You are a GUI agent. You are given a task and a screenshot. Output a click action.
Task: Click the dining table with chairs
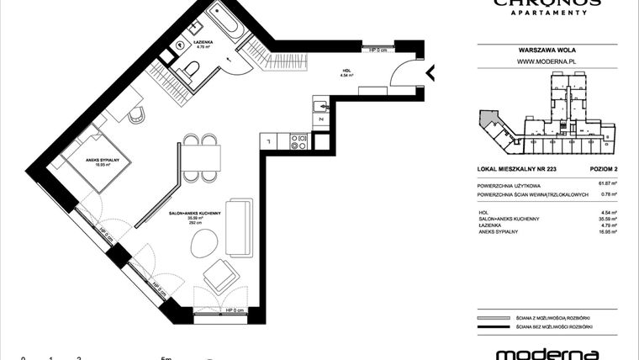202,156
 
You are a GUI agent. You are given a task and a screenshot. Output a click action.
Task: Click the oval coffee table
202,244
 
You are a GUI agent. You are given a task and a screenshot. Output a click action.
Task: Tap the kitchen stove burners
296,142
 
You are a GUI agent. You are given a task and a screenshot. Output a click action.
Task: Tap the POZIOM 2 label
603,170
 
